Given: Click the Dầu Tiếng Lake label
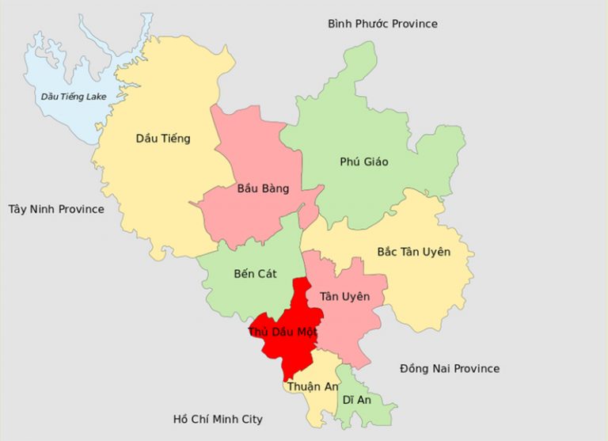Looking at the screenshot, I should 73,97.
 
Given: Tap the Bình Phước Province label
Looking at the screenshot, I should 382,24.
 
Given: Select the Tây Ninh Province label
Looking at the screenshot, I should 56,209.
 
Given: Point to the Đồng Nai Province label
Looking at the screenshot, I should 450,368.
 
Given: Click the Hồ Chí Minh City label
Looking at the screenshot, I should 218,419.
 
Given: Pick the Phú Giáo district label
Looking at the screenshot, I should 364,162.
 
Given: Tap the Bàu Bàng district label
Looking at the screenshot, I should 263,188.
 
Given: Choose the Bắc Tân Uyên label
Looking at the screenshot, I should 413,252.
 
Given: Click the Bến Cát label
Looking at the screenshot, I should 255,274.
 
